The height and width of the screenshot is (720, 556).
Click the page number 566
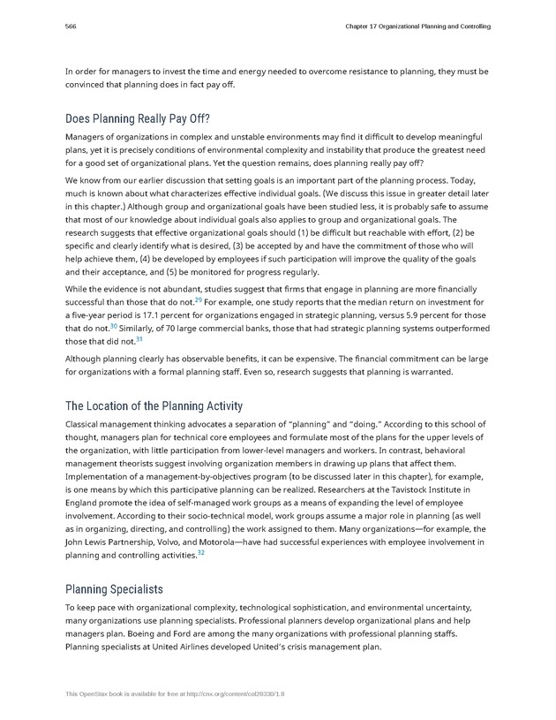coord(71,27)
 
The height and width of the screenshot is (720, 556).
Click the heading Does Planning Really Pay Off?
coord(138,118)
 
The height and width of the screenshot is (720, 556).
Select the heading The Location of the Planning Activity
coord(154,406)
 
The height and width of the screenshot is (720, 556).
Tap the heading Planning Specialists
coord(114,588)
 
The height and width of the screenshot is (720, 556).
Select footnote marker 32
coord(201,552)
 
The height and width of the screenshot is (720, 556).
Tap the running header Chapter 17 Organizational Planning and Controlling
coord(417,27)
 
